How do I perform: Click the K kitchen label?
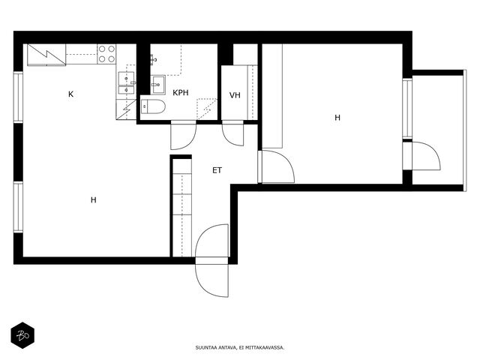70,94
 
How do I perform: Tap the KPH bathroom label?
181,92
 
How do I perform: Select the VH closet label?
235,95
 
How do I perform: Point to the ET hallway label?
217,170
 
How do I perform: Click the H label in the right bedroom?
337,118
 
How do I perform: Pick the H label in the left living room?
93,200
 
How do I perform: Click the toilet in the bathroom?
153,106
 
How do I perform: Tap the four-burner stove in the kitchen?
106,54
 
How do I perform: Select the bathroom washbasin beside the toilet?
158,85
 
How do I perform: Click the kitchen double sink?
126,82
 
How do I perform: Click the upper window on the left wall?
18,97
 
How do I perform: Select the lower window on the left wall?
18,207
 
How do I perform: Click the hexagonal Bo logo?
22,335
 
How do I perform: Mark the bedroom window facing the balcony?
407,108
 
